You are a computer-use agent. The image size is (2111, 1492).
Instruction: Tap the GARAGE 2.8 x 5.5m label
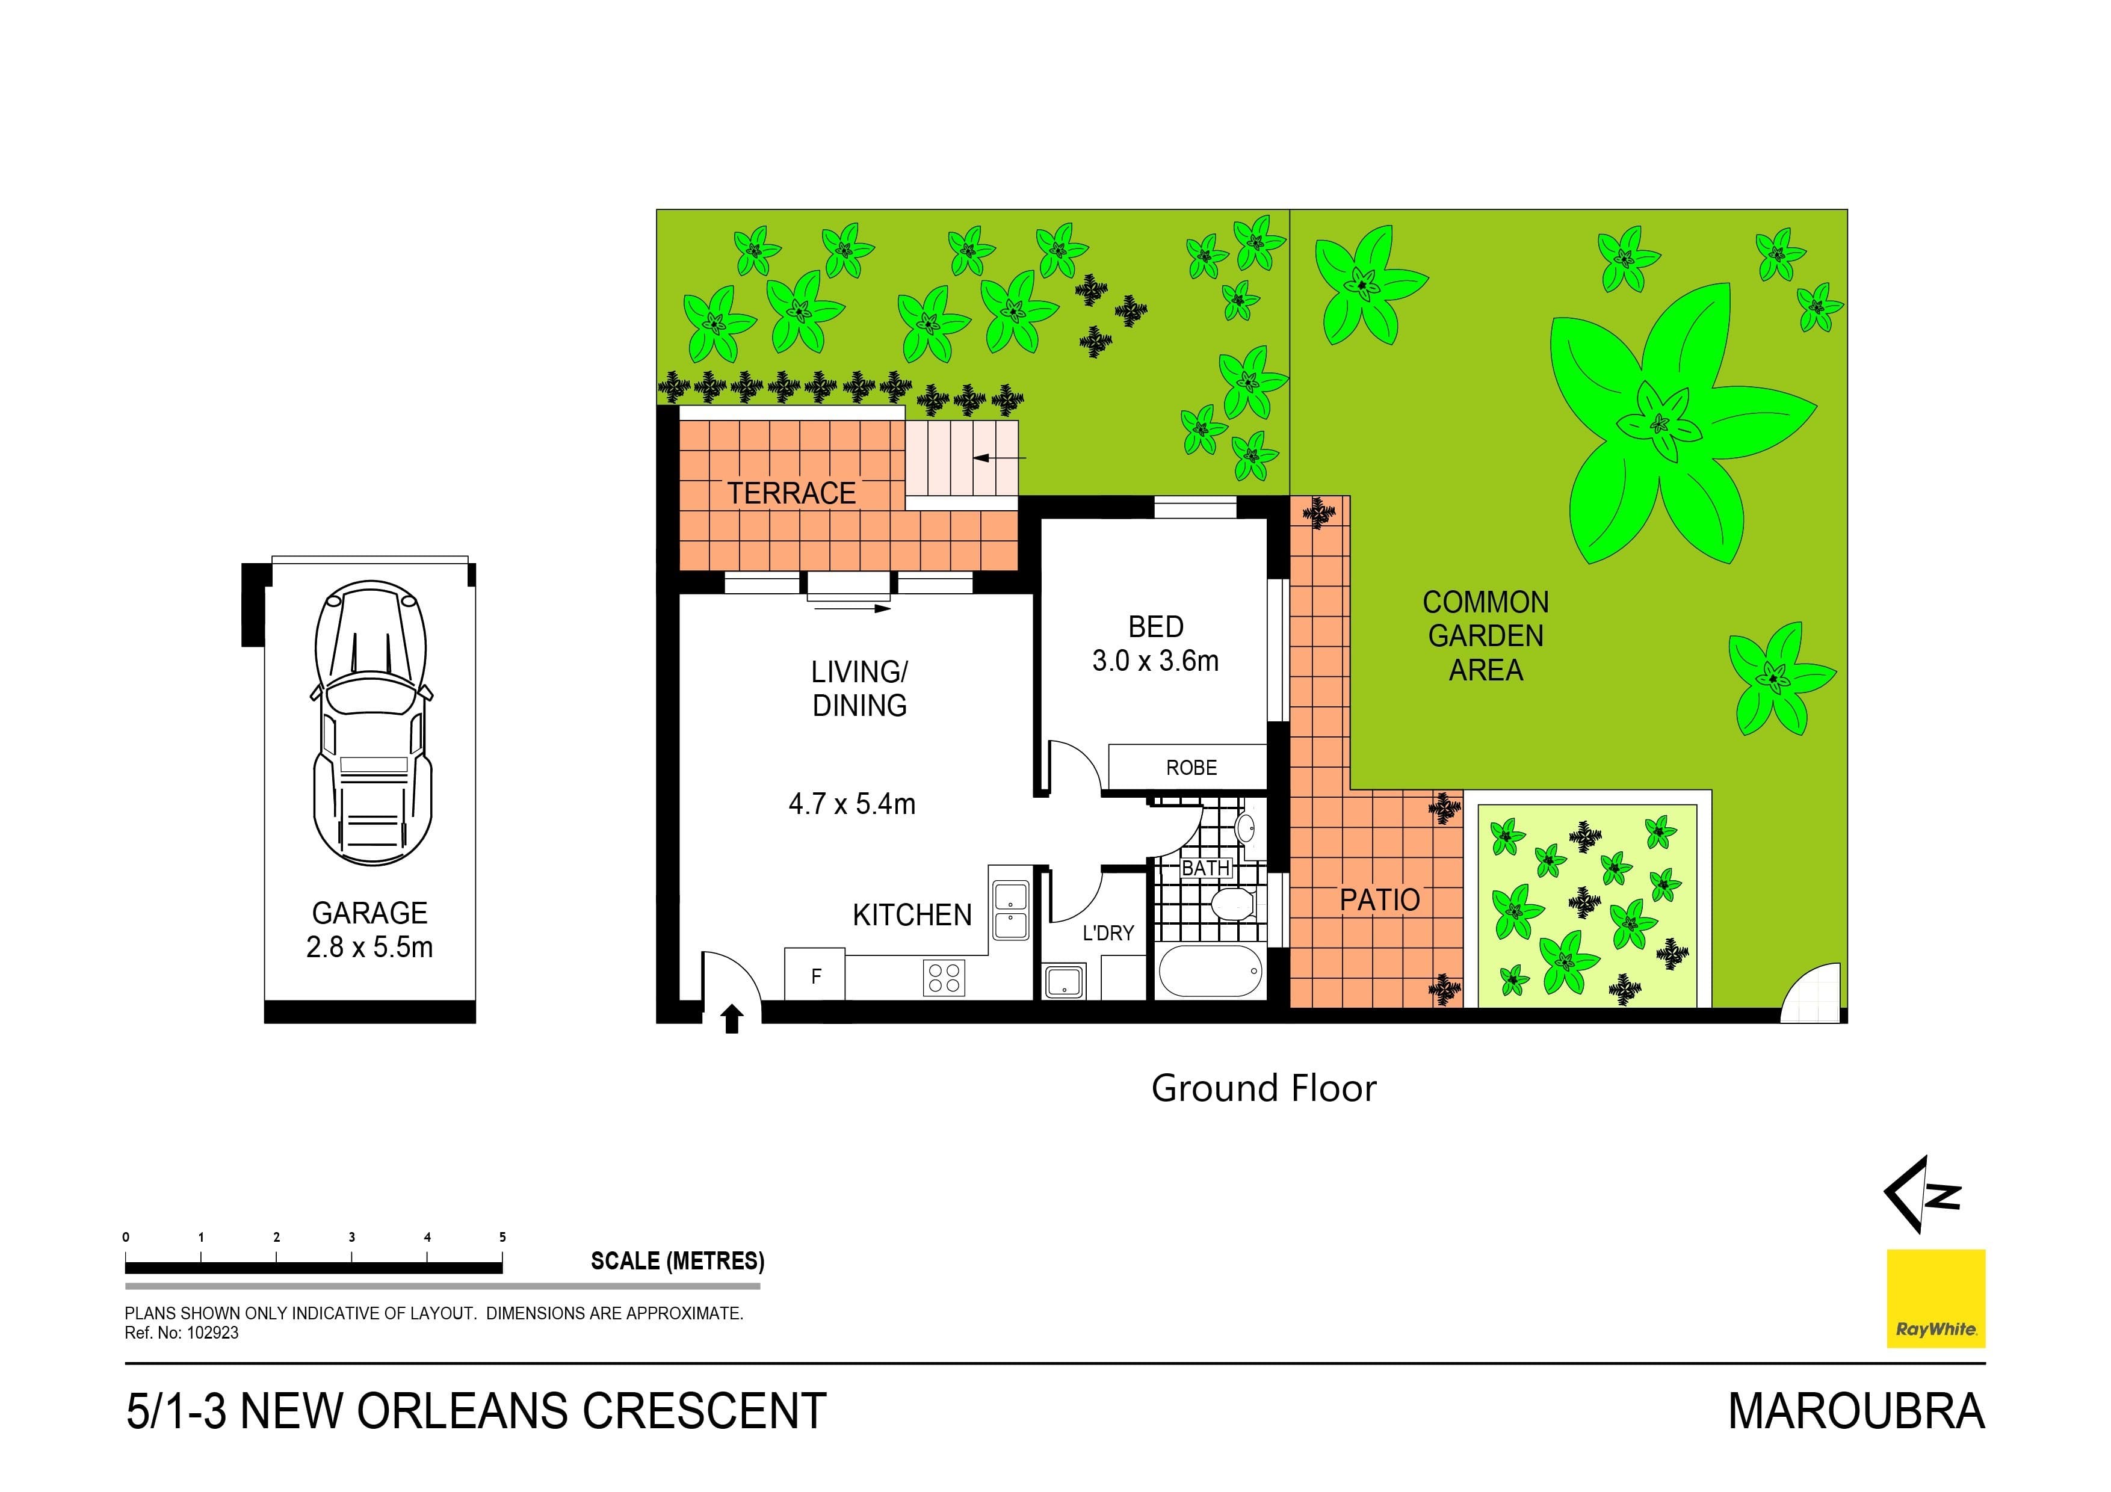[369, 929]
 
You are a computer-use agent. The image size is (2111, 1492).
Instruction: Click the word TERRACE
[792, 494]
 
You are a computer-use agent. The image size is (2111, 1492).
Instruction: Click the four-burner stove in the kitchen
[944, 976]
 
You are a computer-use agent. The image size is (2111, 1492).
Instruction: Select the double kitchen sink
[1010, 908]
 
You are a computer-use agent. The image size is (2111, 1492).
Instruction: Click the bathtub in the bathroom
[1211, 972]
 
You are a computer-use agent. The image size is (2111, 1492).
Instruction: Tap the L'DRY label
[1107, 933]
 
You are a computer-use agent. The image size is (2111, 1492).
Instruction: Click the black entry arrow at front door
[732, 1019]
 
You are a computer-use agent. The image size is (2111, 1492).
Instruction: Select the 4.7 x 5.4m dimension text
[852, 804]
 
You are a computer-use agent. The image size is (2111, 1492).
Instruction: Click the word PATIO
[1379, 900]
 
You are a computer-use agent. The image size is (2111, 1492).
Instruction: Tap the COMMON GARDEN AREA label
[1485, 636]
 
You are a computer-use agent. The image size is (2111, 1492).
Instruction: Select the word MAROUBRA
[1855, 1411]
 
